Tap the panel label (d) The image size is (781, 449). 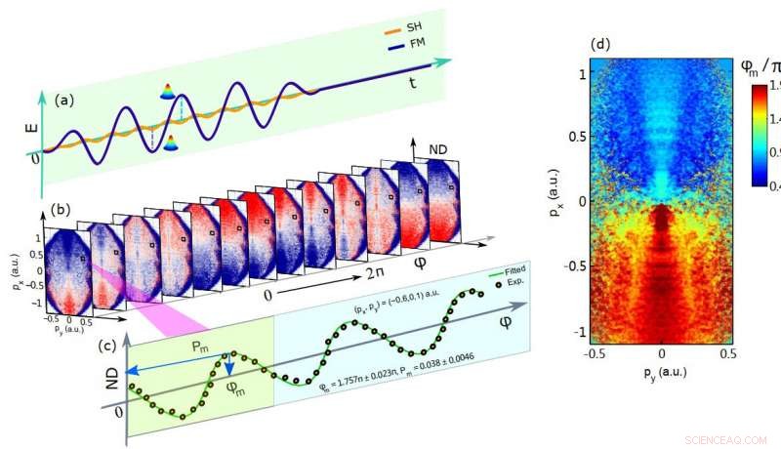(x=601, y=44)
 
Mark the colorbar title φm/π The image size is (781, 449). (x=756, y=67)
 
